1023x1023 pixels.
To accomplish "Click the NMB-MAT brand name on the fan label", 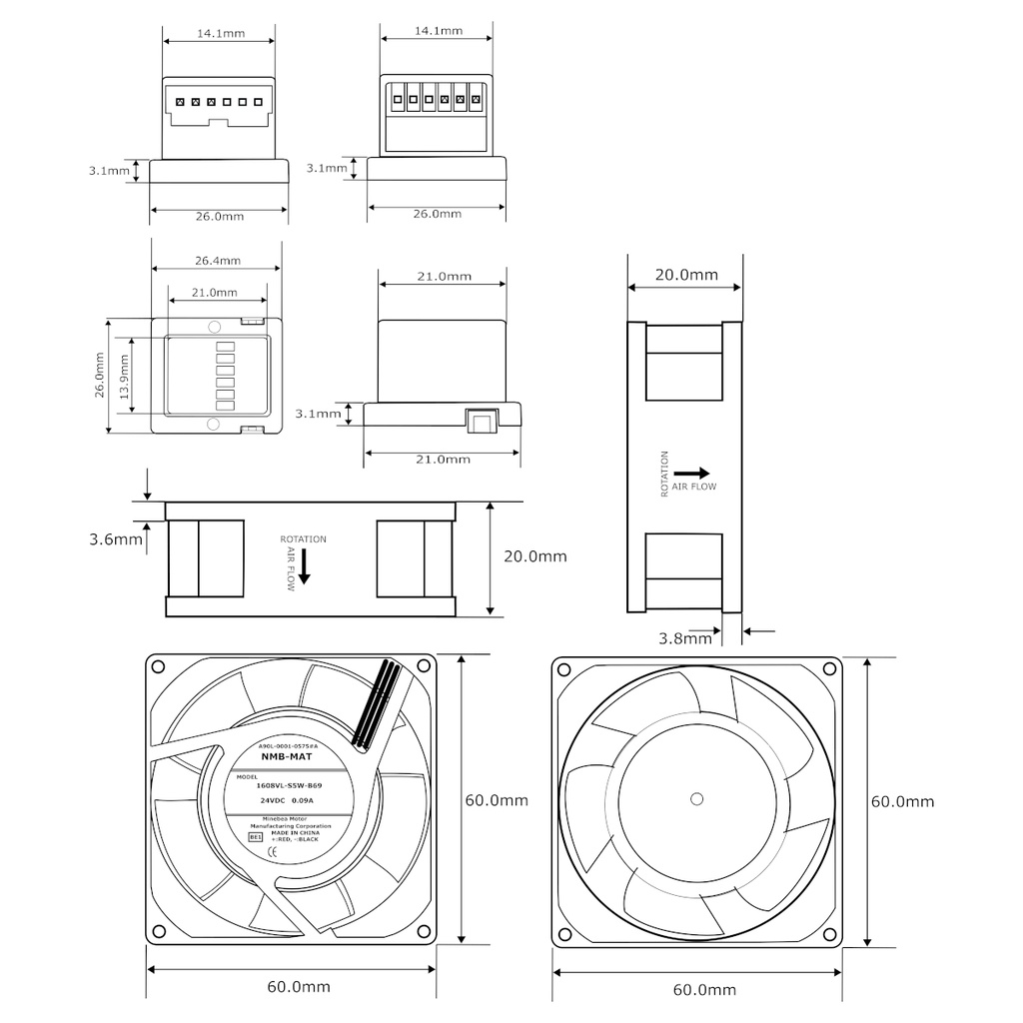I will point(286,757).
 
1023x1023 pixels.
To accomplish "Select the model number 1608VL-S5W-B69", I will point(289,785).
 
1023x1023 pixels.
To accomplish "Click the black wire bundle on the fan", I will point(376,706).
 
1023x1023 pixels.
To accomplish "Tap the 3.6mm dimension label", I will point(114,539).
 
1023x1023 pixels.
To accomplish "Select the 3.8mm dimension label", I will point(685,636).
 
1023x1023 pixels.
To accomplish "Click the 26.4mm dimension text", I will point(217,261).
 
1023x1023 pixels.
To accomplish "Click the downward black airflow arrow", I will point(305,566).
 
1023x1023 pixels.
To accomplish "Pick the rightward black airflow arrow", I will point(691,473).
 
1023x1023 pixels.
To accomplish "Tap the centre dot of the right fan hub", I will point(696,798).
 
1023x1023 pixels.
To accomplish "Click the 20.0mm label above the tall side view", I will point(685,275).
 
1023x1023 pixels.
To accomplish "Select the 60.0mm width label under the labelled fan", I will point(298,987).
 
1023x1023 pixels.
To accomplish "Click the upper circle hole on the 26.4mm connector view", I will point(213,327).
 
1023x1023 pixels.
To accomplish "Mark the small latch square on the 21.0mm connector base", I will point(481,421).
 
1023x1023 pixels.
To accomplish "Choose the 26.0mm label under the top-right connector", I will point(438,214).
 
